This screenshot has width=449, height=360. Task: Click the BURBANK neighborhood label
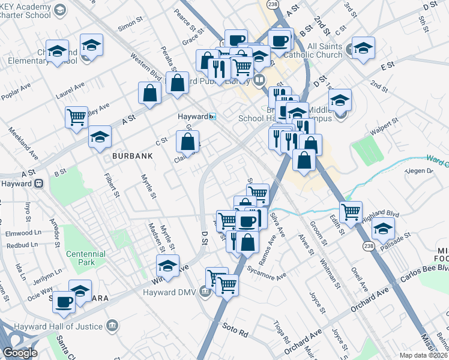[x=131, y=155]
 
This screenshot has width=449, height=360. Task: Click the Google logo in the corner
[x=20, y=352]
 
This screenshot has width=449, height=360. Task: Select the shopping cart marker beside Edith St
[x=351, y=211]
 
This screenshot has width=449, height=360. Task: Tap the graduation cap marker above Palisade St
[x=383, y=227]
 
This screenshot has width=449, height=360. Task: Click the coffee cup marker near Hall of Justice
[x=64, y=302]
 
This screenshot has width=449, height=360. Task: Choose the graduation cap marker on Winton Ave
[x=168, y=265]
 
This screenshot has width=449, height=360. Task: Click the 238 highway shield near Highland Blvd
[x=366, y=245]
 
